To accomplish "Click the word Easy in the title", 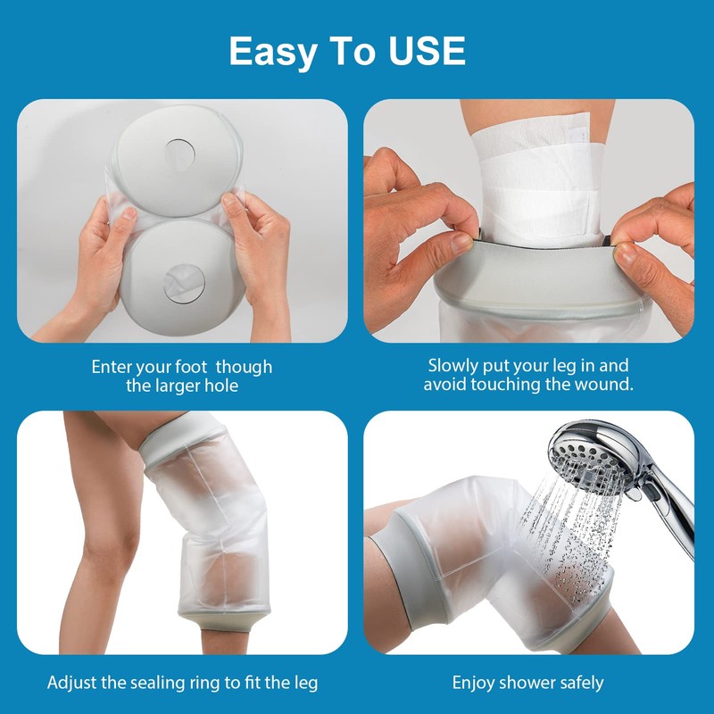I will (x=271, y=52).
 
